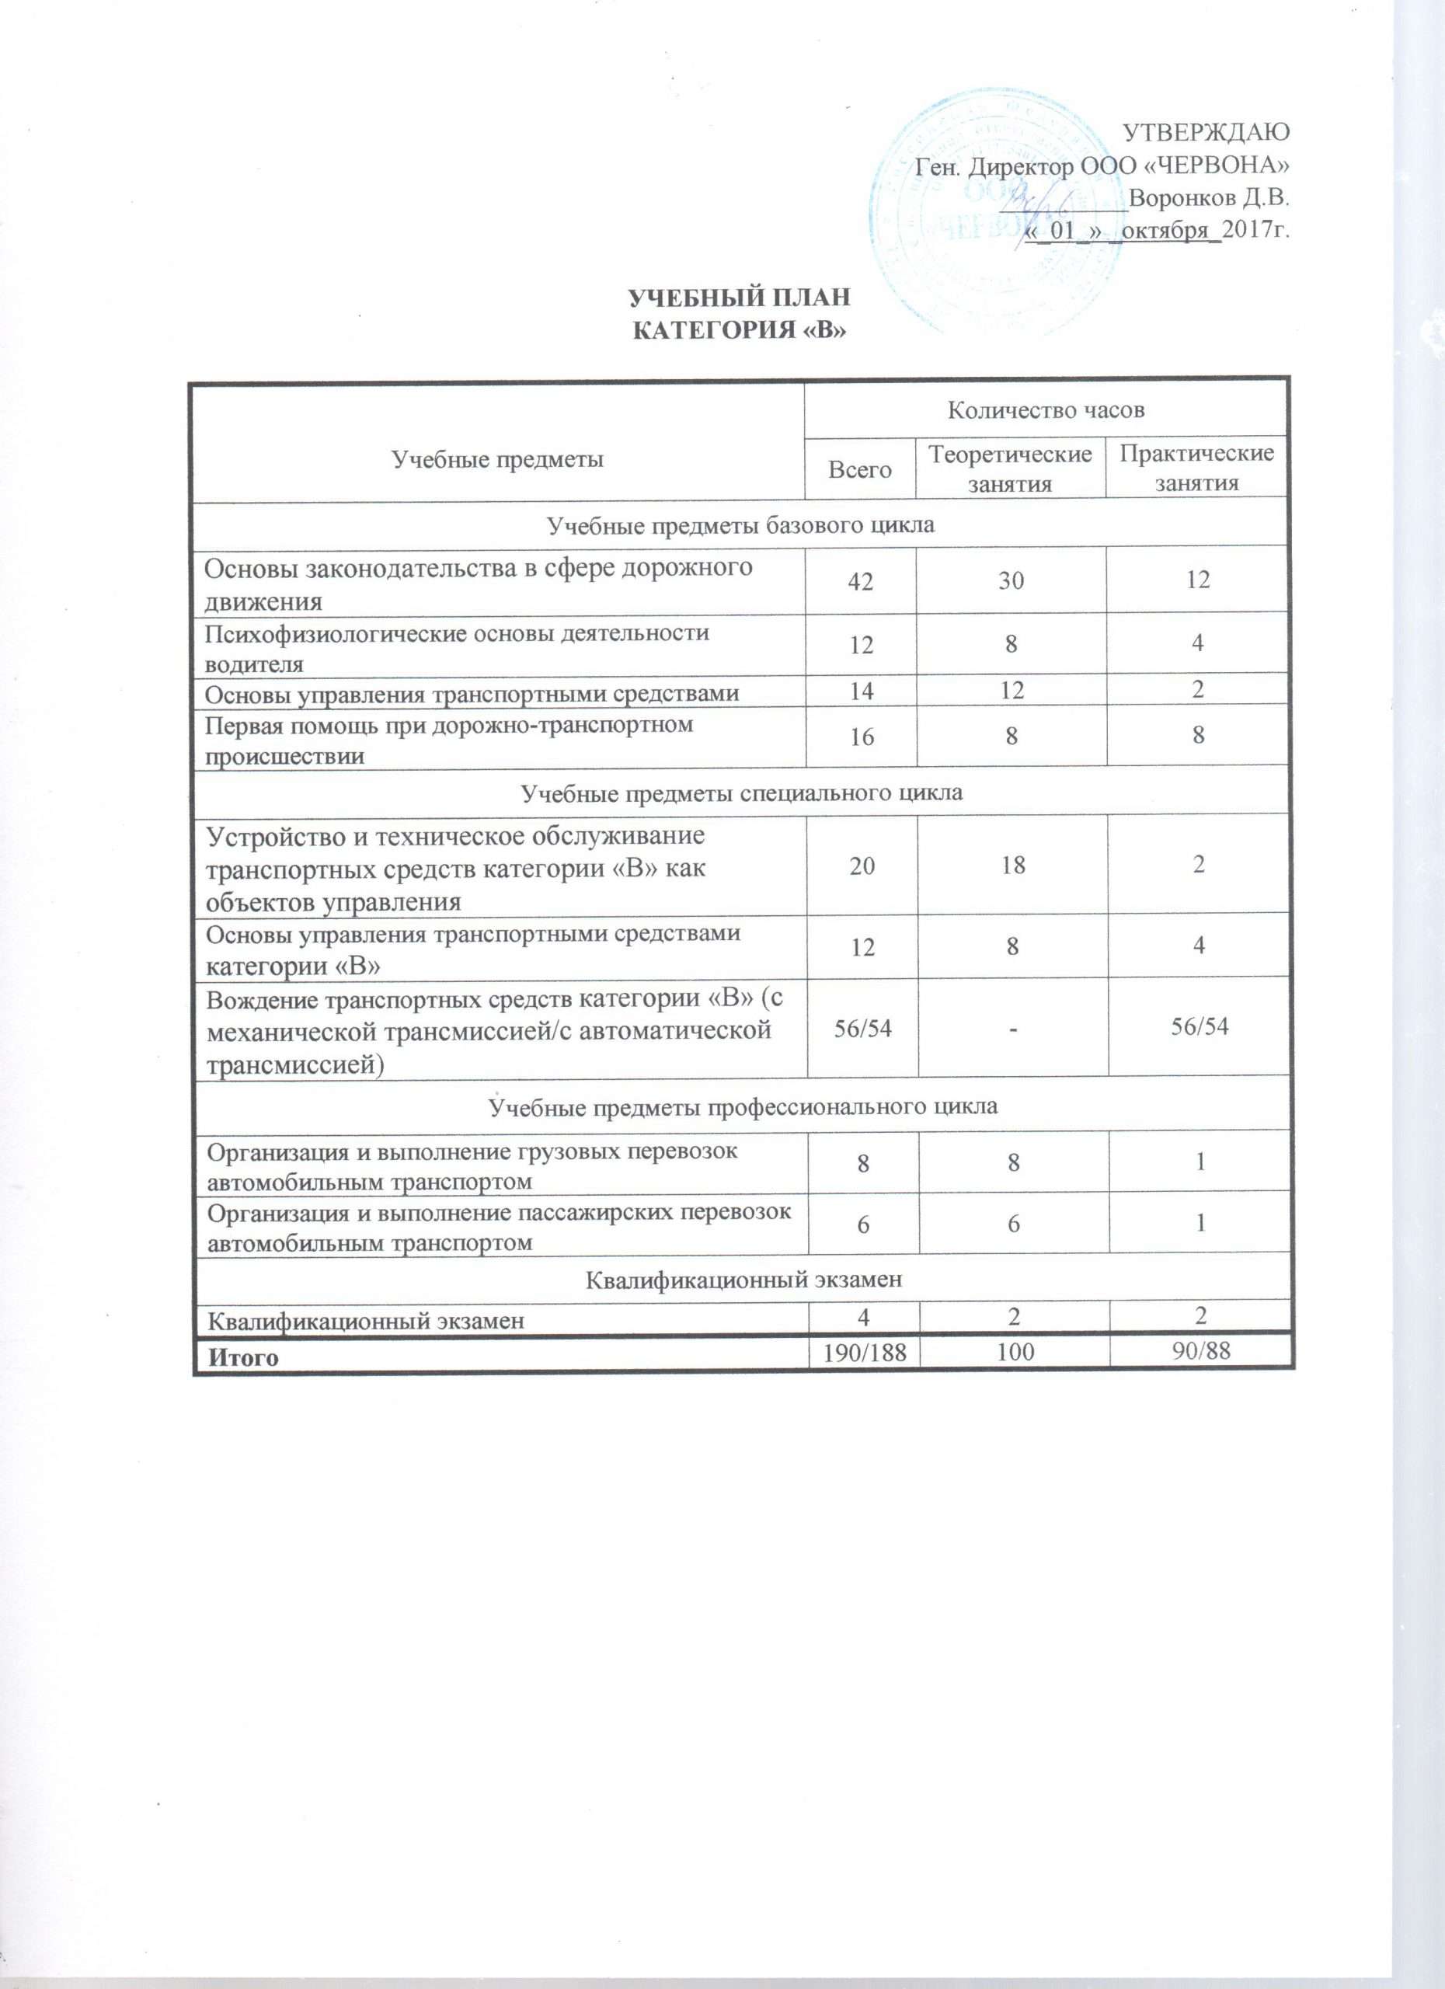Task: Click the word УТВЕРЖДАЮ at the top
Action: coord(1206,134)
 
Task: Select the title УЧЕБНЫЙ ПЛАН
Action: coord(741,298)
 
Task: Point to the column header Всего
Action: coord(860,469)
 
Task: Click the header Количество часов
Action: coord(1047,409)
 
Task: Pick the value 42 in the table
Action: coord(860,580)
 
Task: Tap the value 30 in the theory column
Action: coord(1011,580)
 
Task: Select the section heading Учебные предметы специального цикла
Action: coord(742,792)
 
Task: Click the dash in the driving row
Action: coord(1013,1027)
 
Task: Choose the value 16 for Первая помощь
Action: coord(861,737)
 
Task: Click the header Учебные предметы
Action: coord(497,458)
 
